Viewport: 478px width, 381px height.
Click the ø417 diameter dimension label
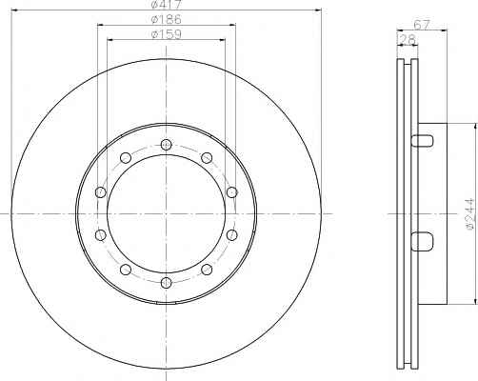(x=166, y=5)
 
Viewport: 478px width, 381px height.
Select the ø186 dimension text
(x=167, y=20)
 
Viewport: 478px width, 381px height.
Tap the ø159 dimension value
(x=167, y=34)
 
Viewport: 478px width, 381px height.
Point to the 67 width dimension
(x=422, y=25)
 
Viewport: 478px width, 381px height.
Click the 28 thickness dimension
(x=408, y=39)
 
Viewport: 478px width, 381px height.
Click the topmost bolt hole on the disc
(x=166, y=145)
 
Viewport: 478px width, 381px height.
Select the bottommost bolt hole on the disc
(x=166, y=283)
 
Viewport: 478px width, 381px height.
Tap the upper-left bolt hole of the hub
(x=126, y=157)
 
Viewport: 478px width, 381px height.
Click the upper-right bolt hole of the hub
(x=207, y=157)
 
